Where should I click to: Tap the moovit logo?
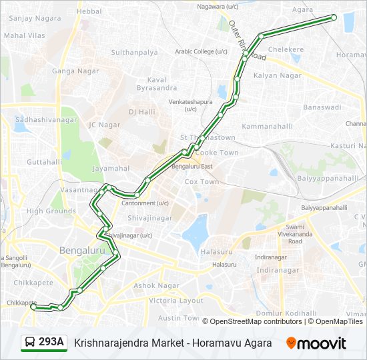coord(316,343)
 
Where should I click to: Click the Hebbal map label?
coord(89,11)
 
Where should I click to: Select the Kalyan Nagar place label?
coord(278,75)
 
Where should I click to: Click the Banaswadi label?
coord(322,107)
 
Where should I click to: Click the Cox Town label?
coord(202,181)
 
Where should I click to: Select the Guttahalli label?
coord(44,162)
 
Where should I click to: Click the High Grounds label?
coord(51,211)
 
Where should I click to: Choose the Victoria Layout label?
coord(176,301)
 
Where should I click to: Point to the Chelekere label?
coord(285,49)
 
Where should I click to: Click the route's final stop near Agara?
coord(334,17)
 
